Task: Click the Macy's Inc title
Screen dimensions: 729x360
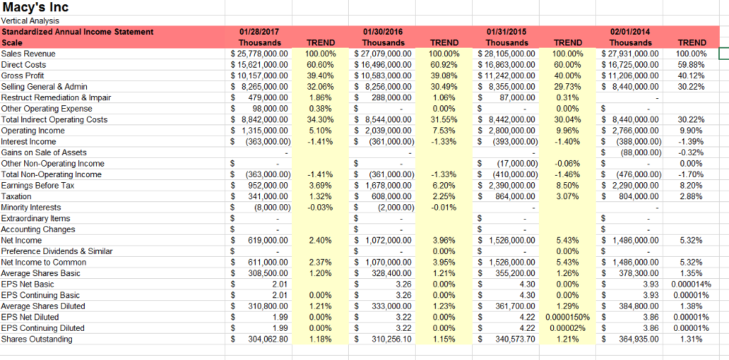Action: (x=36, y=8)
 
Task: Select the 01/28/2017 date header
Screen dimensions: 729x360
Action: (x=259, y=32)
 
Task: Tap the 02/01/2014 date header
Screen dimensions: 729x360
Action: (x=630, y=32)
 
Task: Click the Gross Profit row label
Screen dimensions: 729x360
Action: (x=23, y=75)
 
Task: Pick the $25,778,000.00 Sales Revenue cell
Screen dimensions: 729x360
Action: (x=259, y=54)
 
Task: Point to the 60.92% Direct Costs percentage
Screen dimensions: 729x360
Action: (x=444, y=65)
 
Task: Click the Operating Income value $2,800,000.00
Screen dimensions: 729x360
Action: (x=507, y=130)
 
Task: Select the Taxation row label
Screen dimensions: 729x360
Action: (x=16, y=196)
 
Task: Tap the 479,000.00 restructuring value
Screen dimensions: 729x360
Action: (x=268, y=97)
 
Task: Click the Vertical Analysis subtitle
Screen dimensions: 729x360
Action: (x=30, y=21)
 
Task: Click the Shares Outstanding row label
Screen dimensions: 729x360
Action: (x=37, y=339)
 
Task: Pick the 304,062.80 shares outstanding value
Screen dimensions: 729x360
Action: (x=268, y=339)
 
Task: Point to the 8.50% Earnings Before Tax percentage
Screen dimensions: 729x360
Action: (x=567, y=186)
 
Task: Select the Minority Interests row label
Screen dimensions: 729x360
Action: (x=31, y=207)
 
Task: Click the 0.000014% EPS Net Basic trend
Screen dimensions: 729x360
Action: (x=691, y=285)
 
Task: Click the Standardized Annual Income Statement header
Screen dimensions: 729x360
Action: (x=77, y=32)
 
